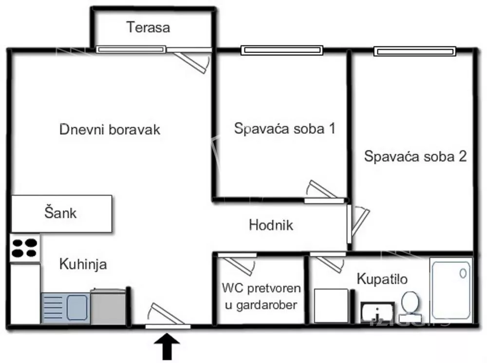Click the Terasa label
(149, 27)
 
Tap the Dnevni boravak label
(110, 130)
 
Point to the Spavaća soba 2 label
(415, 157)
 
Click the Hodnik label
(271, 225)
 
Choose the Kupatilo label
(382, 279)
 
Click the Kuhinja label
(83, 265)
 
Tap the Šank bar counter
(61, 213)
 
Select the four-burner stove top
(24, 247)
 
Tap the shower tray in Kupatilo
(450, 290)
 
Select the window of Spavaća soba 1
(282, 50)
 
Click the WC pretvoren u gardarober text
(261, 296)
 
